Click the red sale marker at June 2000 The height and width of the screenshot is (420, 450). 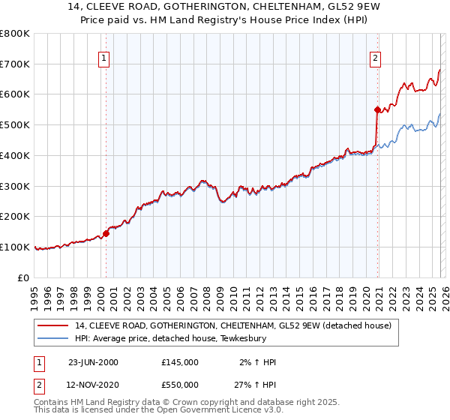click(106, 233)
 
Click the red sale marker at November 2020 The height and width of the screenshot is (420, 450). click(377, 109)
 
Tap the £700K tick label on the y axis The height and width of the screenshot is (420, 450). click(15, 64)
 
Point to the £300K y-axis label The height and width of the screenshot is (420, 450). click(15, 186)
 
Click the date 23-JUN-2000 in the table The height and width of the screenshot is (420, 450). click(93, 362)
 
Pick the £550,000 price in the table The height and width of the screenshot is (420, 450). click(180, 385)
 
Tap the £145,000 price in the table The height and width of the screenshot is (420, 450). click(180, 362)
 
